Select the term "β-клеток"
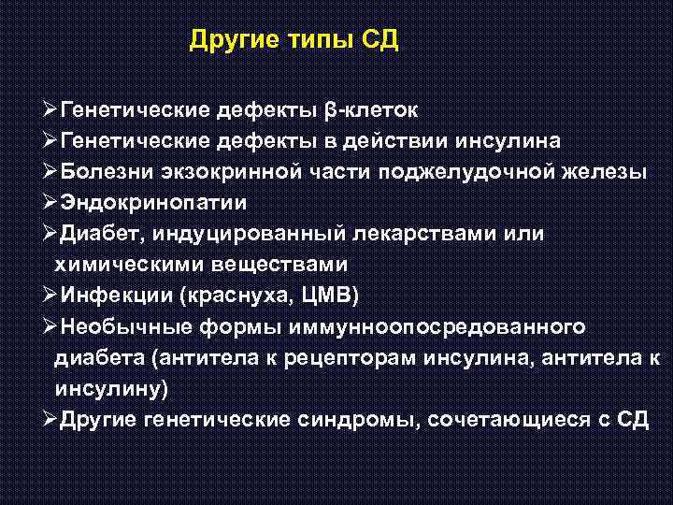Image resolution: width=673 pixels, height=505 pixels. [371, 110]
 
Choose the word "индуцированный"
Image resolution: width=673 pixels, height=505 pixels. [236, 233]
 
